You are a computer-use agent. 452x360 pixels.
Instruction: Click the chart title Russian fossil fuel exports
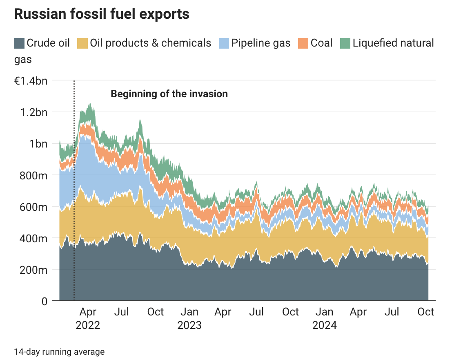coord(102,14)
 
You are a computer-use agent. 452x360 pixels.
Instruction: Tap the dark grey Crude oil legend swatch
coord(19,43)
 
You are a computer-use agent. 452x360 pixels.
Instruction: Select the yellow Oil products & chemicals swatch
coord(83,43)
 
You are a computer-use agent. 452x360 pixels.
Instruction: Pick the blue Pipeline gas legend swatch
coord(224,43)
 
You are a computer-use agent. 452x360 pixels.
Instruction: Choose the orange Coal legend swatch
coord(303,43)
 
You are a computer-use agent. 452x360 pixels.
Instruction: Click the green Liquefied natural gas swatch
coord(345,43)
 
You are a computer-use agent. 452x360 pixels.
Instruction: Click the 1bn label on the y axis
coord(38,143)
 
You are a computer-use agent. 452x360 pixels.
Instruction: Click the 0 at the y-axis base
coord(44,301)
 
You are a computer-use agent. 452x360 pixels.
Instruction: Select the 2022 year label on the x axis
coord(88,326)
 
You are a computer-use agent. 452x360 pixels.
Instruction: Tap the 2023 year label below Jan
coord(189,326)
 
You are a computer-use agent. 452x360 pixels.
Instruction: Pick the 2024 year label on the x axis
coord(325,326)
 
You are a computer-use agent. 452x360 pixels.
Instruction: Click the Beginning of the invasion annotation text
coord(169,94)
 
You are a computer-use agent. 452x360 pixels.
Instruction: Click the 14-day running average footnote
coord(59,351)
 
